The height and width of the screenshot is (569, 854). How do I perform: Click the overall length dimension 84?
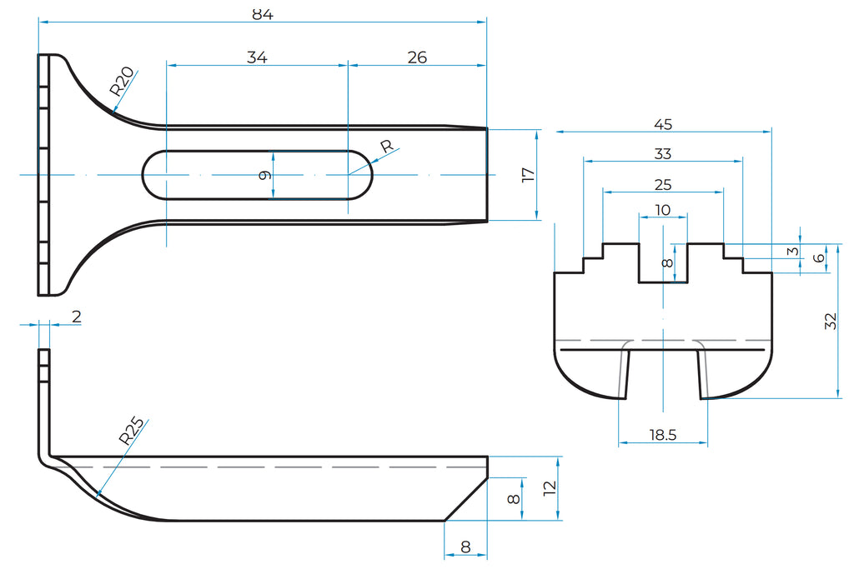(x=262, y=13)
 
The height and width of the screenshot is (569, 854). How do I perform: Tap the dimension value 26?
(x=417, y=57)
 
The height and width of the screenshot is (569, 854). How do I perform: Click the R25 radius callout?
(x=130, y=431)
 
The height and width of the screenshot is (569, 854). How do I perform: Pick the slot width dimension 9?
(x=264, y=175)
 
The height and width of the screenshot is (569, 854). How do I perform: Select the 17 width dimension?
(x=526, y=175)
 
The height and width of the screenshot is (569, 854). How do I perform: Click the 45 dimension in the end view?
(x=663, y=124)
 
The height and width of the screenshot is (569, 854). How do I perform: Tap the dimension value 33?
(x=663, y=154)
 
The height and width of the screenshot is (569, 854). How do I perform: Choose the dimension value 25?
(x=663, y=184)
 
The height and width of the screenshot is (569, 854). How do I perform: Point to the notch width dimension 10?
(x=663, y=210)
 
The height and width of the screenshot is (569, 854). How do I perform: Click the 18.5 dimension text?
(x=662, y=434)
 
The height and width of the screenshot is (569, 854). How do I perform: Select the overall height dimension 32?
(x=830, y=322)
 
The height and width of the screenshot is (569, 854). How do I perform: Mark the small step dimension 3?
(x=793, y=251)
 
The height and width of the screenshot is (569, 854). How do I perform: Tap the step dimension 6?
(x=819, y=258)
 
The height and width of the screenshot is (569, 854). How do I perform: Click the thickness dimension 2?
(x=77, y=316)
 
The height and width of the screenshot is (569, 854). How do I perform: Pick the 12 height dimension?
(x=550, y=488)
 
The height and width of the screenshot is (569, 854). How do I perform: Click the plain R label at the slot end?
(x=385, y=147)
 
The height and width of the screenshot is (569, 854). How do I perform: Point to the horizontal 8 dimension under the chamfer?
(x=465, y=547)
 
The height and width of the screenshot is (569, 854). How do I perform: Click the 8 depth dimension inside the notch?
(x=666, y=263)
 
